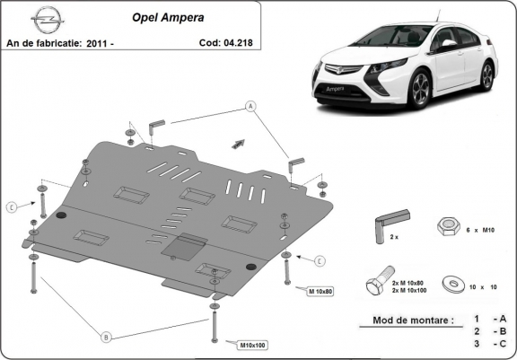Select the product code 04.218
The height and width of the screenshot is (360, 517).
coord(237,42)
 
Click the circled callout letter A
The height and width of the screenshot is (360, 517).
coord(250,106)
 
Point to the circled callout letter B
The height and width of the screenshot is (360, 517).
coord(106,338)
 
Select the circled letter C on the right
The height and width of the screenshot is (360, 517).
coord(319,260)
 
